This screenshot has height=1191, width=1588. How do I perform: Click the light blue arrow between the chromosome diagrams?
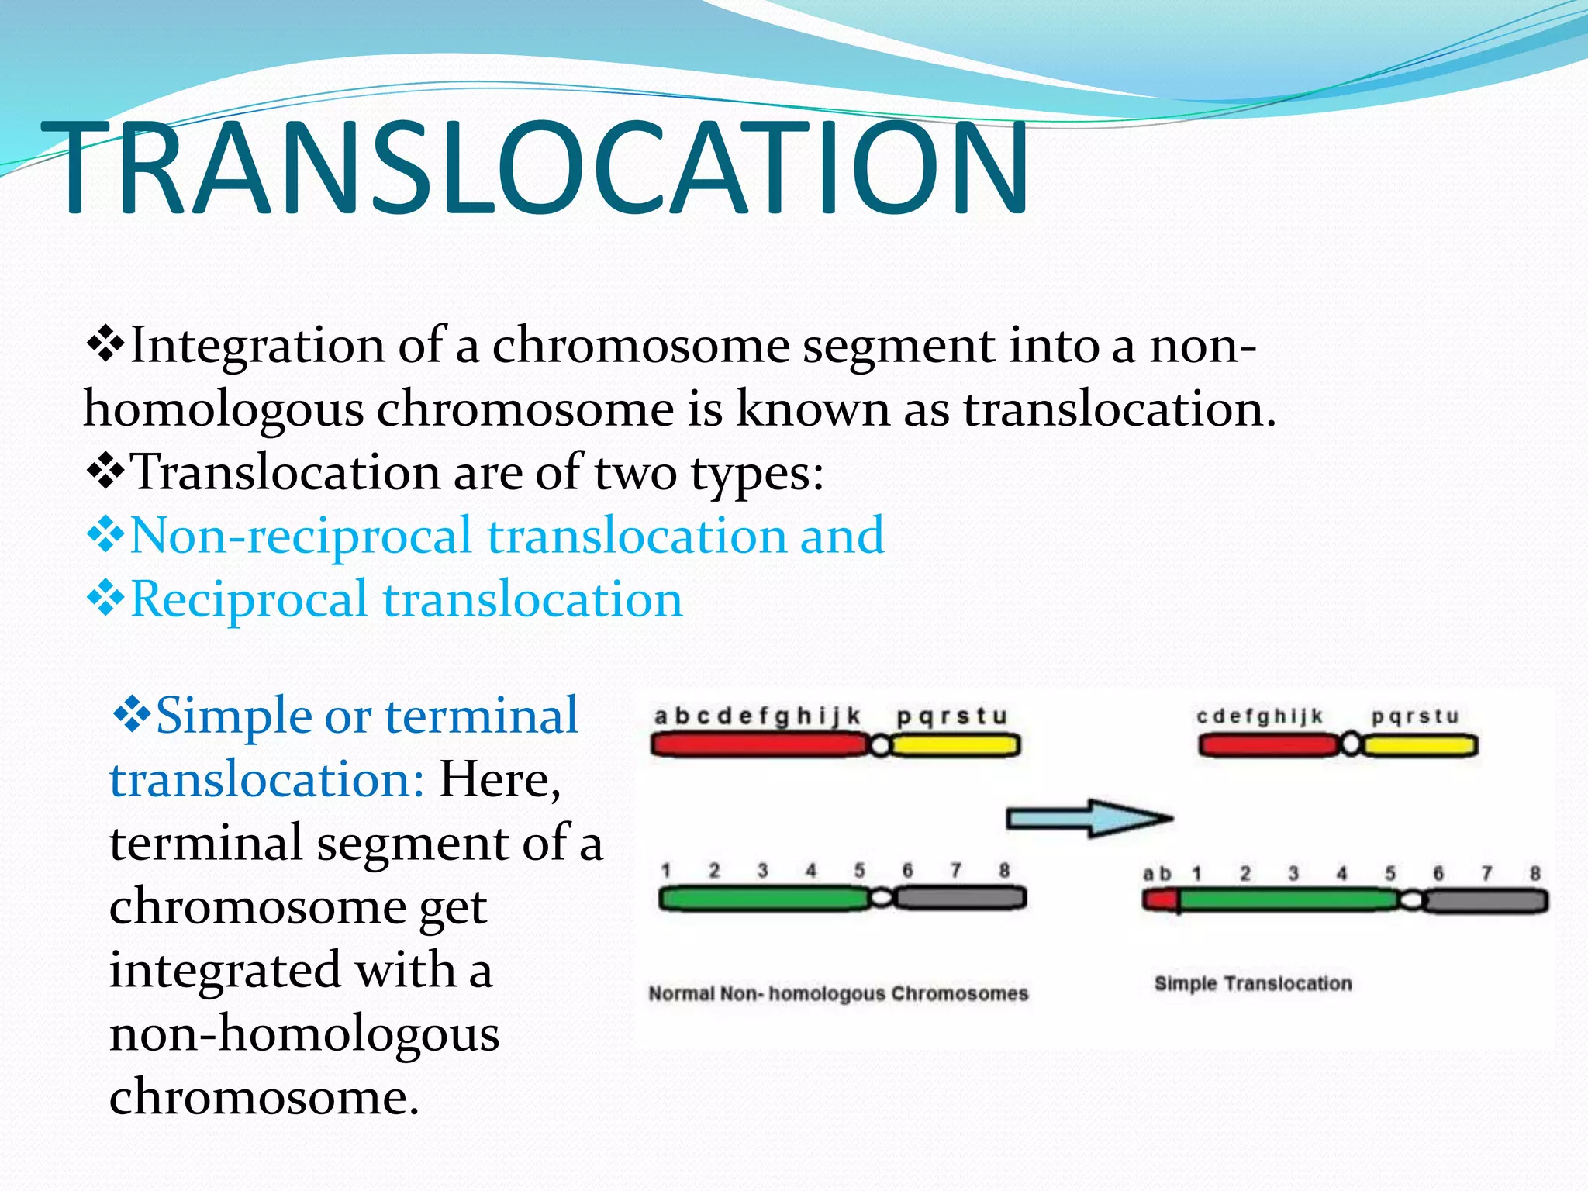(1089, 818)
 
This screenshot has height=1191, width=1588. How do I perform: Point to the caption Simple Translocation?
(1252, 984)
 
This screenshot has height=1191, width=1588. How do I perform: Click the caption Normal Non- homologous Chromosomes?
(838, 993)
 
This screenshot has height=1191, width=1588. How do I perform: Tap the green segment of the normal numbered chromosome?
(764, 899)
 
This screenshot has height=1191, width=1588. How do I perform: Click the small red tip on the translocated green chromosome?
(1161, 901)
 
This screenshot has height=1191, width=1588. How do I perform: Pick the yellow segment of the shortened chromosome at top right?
(1420, 746)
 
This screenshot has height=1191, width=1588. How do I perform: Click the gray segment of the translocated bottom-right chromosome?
(1485, 902)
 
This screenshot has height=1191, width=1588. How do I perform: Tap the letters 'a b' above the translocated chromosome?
(1157, 874)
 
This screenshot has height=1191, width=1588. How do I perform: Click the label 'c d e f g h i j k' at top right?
(1259, 716)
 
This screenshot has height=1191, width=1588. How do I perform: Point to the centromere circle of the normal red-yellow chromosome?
(879, 746)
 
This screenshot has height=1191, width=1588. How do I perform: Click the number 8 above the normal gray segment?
(1004, 870)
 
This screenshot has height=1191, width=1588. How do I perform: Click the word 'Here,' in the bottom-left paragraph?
(499, 779)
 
